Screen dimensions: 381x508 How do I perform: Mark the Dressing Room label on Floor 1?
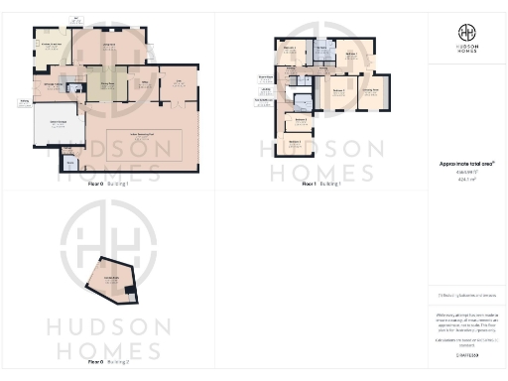[x=369, y=90]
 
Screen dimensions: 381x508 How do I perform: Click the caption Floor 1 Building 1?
[x=322, y=184]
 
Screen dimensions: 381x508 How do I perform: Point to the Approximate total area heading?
[x=467, y=164]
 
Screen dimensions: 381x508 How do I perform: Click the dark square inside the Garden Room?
[x=130, y=290]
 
